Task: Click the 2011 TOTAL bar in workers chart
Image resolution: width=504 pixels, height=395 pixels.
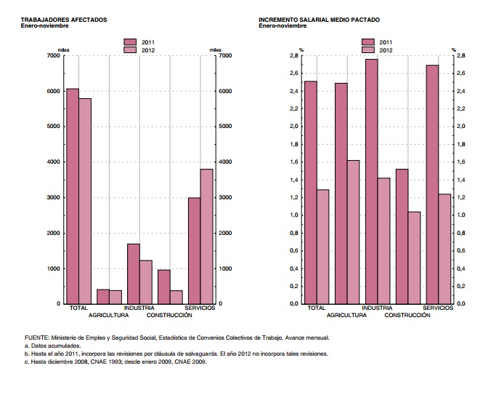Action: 73,196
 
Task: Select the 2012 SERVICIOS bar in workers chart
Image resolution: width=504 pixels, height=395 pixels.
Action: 206,236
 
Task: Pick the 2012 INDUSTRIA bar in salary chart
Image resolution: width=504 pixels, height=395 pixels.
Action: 383,241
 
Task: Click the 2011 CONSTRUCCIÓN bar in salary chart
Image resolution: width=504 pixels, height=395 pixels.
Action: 402,236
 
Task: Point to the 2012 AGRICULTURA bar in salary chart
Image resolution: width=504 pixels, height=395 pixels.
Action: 353,232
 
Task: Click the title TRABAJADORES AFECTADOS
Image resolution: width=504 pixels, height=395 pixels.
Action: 64,20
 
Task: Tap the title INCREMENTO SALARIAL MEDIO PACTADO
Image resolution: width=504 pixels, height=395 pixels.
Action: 319,20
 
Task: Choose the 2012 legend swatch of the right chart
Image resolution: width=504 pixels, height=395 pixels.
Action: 368,50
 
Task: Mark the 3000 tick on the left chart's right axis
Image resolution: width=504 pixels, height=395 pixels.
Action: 225,198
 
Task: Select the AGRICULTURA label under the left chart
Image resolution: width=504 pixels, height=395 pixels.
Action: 109,316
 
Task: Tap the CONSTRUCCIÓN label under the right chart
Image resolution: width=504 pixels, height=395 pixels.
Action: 407,316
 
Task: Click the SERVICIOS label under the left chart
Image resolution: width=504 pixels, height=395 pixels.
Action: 199,308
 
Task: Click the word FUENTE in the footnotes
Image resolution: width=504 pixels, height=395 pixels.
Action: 36,338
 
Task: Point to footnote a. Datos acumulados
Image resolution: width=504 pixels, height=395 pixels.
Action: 52,346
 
